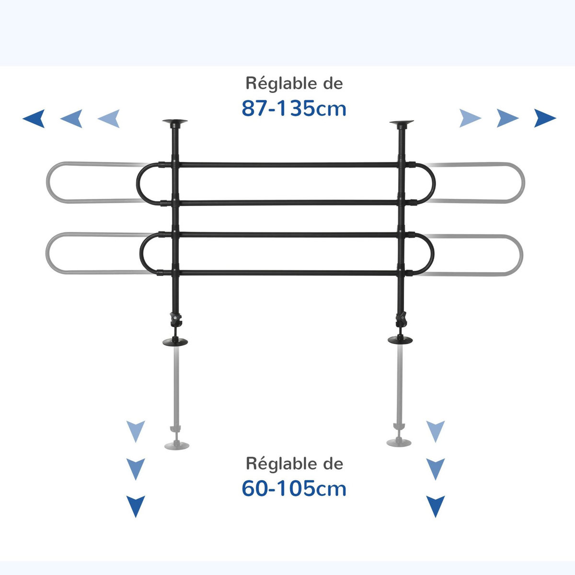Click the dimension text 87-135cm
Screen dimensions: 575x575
[293, 109]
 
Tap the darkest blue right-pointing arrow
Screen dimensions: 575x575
[545, 118]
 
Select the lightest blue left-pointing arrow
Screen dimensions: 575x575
[109, 118]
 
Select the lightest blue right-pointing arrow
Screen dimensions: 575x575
[470, 118]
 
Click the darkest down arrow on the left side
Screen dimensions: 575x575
[136, 506]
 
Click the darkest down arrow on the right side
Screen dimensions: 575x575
[435, 506]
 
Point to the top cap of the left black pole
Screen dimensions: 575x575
[175, 123]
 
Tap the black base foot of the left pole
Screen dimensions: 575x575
[175, 342]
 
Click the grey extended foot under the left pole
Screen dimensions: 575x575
[177, 445]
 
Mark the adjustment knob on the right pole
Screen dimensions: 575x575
[401, 318]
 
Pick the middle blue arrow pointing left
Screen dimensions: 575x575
[71, 118]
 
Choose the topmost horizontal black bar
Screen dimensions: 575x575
[287, 165]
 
